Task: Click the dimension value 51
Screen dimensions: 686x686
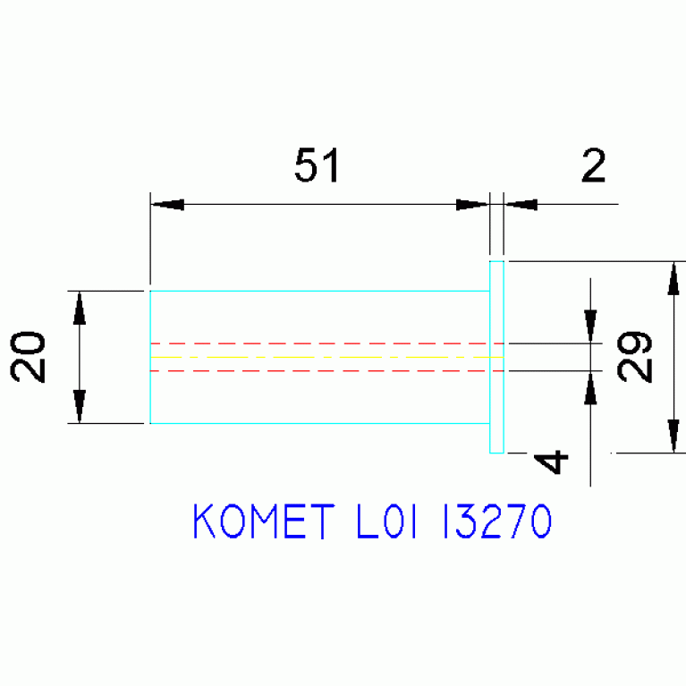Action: click(317, 165)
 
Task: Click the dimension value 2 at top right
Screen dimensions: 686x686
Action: click(593, 165)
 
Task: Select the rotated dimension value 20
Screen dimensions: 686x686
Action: click(28, 357)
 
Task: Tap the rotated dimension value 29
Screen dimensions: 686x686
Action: click(634, 357)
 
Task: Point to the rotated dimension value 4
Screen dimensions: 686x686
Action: click(551, 462)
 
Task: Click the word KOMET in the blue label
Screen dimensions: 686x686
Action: click(264, 521)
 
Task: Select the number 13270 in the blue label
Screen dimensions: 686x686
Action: click(497, 521)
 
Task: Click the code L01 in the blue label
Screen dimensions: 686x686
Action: click(386, 521)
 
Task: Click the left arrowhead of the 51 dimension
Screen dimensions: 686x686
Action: click(167, 204)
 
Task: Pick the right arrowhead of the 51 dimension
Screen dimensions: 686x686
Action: click(472, 204)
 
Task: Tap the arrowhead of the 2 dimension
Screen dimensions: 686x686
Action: click(521, 204)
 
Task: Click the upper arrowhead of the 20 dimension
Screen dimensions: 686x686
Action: click(80, 308)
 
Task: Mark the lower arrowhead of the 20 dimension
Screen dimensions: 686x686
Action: click(80, 406)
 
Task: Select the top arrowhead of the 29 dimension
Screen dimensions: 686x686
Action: click(673, 278)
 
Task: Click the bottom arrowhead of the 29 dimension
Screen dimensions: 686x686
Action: click(673, 436)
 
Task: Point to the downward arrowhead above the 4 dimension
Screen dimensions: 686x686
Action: click(590, 326)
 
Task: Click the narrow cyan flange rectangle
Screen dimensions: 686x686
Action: click(490, 357)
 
